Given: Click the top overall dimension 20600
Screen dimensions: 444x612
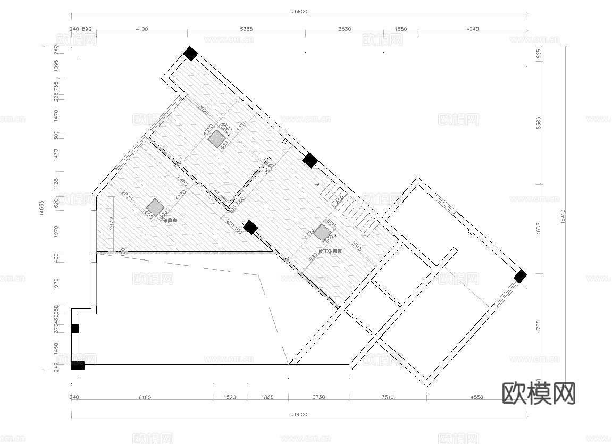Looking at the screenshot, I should tap(299, 11).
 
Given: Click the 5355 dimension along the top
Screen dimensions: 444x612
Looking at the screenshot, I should tap(246, 29).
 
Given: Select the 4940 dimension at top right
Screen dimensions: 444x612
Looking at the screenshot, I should tap(472, 29).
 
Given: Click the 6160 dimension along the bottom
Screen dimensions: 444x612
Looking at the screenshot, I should tap(145, 397).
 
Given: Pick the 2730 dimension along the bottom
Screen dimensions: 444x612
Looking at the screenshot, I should tap(318, 397).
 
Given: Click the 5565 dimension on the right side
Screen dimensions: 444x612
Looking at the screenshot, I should tap(539, 123).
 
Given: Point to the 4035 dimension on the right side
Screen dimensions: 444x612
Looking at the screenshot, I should tap(539, 229).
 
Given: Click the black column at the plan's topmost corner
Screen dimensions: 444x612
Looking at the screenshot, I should tap(190, 54).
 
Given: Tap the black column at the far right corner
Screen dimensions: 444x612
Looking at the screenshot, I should tap(520, 276).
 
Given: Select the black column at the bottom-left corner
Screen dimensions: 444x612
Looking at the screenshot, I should tap(78, 365).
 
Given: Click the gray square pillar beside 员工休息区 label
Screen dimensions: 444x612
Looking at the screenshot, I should tap(321, 232).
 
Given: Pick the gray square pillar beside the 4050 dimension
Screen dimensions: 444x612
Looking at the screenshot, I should tap(216, 139).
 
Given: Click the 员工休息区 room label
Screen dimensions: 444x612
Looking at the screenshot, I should tap(330, 250).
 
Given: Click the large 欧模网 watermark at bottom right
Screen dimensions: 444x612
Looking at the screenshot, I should tap(539, 393).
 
